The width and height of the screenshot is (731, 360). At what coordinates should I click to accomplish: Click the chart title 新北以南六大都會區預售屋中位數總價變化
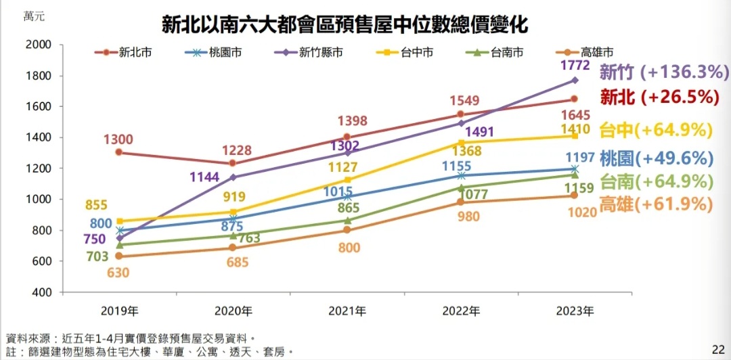click(x=345, y=26)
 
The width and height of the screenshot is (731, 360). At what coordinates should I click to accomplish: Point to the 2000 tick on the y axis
click(x=39, y=45)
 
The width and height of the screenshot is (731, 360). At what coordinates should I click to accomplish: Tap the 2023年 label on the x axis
click(x=575, y=312)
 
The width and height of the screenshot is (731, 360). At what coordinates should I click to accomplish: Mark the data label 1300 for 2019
click(x=118, y=139)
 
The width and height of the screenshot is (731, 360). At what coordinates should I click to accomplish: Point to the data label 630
click(x=119, y=273)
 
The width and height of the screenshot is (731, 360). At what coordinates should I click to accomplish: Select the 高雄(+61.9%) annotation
click(x=657, y=204)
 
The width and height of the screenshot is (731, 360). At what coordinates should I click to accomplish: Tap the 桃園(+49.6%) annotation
click(x=656, y=159)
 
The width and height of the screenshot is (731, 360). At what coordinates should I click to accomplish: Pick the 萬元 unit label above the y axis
click(x=35, y=17)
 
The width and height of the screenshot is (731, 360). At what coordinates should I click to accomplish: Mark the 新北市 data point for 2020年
click(x=233, y=163)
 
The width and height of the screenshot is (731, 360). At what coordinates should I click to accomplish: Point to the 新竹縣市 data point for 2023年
click(x=575, y=80)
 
